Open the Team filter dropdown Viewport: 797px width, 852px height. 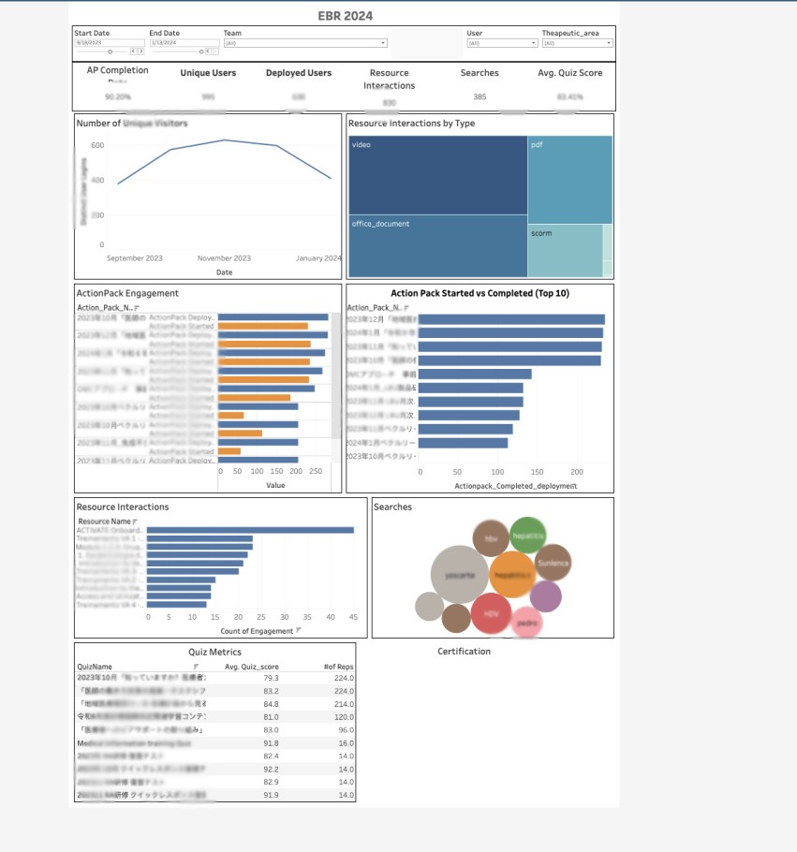click(x=305, y=43)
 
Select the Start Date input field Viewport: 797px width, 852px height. click(x=109, y=43)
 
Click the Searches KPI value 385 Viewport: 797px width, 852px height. click(x=480, y=97)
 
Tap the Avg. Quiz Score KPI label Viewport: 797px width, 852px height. click(x=570, y=73)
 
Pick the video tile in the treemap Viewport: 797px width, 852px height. click(x=437, y=175)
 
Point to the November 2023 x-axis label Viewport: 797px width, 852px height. click(x=224, y=258)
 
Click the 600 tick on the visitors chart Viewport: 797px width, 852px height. click(x=97, y=145)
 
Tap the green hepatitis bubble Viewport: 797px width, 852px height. click(x=528, y=535)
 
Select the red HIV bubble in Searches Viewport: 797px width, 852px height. click(x=491, y=614)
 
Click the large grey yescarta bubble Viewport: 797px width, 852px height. click(x=460, y=576)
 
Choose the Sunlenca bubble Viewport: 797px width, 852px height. click(x=553, y=563)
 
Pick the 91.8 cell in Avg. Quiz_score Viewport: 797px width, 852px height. click(x=271, y=742)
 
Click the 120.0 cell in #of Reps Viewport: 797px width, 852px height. click(x=343, y=716)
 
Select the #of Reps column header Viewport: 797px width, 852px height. click(x=338, y=667)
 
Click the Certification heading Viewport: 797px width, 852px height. click(x=464, y=652)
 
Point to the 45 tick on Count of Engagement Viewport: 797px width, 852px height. click(x=353, y=616)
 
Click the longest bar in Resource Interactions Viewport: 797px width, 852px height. click(x=250, y=530)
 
